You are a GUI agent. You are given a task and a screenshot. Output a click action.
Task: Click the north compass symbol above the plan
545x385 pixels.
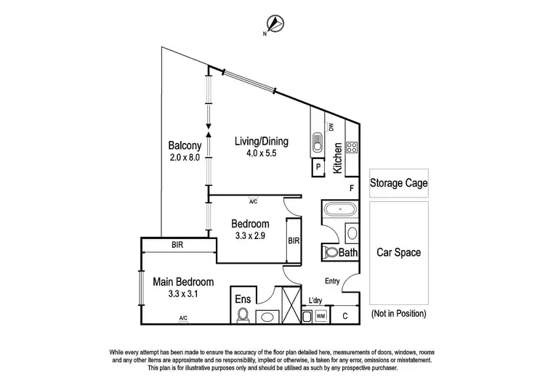click(x=273, y=23)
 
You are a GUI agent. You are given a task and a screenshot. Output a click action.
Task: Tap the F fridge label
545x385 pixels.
click(x=352, y=189)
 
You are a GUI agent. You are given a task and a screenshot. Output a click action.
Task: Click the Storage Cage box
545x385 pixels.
click(x=398, y=183)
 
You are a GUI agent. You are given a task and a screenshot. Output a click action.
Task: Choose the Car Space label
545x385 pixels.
click(x=398, y=253)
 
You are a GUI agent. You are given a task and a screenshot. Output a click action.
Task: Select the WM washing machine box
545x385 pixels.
click(x=320, y=316)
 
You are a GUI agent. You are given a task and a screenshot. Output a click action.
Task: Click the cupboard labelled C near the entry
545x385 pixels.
click(x=344, y=315)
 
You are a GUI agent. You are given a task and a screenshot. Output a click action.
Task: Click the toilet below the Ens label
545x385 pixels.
click(x=243, y=315)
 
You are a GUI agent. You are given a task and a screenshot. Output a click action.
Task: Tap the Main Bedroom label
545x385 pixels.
click(x=183, y=282)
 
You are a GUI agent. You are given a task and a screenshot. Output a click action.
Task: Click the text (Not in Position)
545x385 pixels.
click(x=398, y=314)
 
